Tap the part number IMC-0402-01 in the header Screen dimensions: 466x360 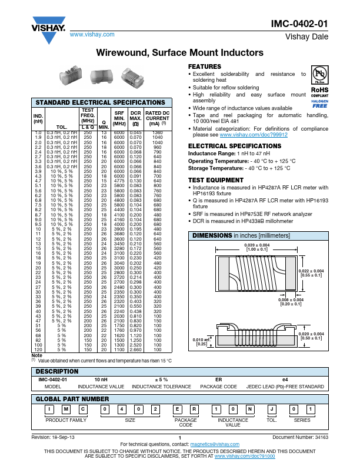point(299,24)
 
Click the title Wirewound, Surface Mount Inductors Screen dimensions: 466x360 point(179,53)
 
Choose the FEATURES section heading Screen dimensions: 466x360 point(204,66)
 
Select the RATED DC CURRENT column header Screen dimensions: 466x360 point(158,118)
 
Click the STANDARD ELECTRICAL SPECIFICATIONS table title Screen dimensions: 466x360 point(101,102)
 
